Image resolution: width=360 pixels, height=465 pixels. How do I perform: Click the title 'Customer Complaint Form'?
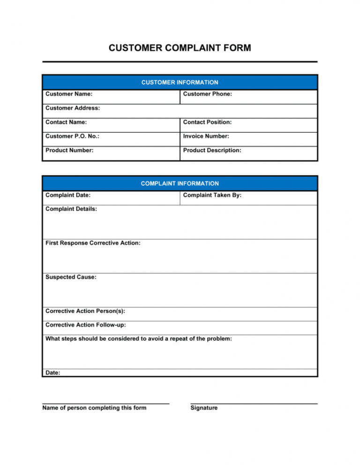point(180,48)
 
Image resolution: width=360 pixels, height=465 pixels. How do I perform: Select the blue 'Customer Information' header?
point(180,83)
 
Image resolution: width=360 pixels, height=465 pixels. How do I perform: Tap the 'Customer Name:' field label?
point(68,94)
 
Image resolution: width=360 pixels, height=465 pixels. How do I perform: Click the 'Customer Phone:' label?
point(208,94)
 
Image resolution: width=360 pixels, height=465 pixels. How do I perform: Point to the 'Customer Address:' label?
point(72,108)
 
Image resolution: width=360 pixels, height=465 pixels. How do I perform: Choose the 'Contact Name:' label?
point(67,122)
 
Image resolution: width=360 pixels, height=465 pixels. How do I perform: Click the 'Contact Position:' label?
point(207,122)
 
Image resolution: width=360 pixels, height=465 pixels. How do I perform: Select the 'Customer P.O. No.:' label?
point(72,136)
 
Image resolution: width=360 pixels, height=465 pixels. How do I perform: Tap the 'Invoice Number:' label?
point(206,136)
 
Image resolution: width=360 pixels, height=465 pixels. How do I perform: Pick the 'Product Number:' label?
point(69,150)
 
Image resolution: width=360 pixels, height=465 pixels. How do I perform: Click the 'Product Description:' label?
point(212,150)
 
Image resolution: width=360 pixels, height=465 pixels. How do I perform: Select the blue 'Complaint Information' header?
point(180,183)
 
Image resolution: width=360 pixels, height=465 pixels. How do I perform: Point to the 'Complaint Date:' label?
point(68,195)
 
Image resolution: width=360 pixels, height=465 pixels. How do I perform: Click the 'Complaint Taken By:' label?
point(212,195)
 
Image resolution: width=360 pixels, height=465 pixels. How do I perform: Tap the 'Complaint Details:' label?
point(71,209)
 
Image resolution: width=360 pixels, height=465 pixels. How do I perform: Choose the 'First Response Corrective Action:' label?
point(93,243)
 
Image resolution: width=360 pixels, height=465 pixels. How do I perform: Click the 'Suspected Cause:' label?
point(71,277)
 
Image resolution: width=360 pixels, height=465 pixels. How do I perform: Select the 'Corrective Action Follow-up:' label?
point(85,325)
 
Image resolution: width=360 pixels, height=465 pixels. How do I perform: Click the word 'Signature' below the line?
point(204,408)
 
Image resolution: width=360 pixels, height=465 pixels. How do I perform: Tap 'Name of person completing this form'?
point(94,408)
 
